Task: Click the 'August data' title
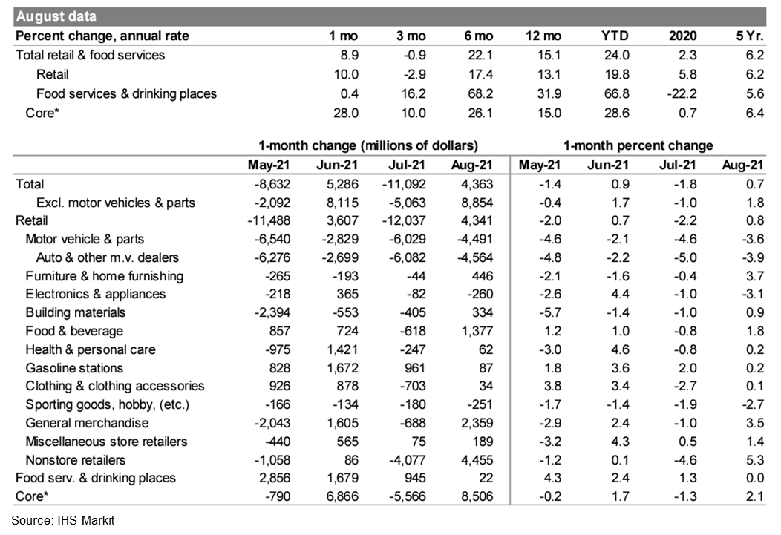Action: pos(56,16)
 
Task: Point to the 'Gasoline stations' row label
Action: pos(74,368)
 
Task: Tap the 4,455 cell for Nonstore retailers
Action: pos(477,460)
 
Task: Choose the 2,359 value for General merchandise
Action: pos(477,423)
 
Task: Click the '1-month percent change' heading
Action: pos(638,145)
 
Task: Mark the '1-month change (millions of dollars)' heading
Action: pos(368,145)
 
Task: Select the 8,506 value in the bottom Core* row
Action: pos(477,497)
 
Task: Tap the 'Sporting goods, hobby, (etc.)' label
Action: pos(107,404)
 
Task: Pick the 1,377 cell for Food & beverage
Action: pos(477,331)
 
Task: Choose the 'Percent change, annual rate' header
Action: pos(102,36)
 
